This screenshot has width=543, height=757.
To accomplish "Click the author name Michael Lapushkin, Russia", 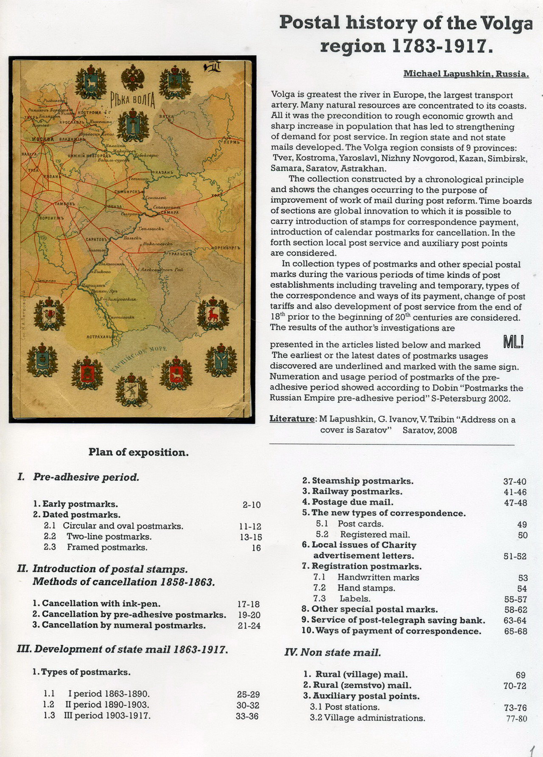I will click(x=466, y=74).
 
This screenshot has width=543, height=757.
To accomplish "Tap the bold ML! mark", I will click(x=513, y=342).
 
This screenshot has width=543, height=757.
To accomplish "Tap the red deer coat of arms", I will click(x=213, y=314).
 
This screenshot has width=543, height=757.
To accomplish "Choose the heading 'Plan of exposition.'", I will click(x=138, y=452).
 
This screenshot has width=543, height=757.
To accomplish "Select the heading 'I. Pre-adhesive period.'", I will click(x=78, y=477).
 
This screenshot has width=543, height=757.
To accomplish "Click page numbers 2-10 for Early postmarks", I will click(x=252, y=505).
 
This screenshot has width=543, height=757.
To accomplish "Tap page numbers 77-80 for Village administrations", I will click(x=516, y=718).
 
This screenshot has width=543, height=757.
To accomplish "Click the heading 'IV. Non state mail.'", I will click(x=333, y=653).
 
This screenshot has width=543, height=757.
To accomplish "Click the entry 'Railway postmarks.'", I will click(x=353, y=492).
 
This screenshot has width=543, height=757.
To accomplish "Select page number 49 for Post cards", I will click(x=522, y=524).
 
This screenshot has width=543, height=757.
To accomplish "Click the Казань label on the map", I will click(x=163, y=172).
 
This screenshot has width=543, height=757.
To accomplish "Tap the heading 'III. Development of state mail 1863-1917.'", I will click(x=122, y=649).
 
